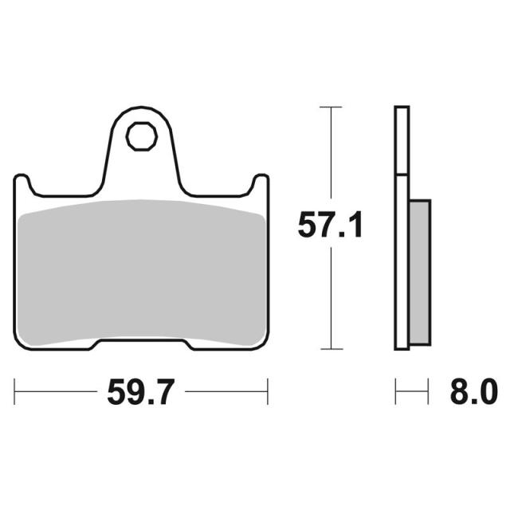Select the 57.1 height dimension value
pyautogui.click(x=330, y=225)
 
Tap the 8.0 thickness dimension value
pyautogui.click(x=473, y=391)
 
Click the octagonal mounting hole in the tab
pyautogui.click(x=142, y=136)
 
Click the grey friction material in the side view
pyautogui.click(x=420, y=273)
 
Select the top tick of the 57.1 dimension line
pyautogui.click(x=331, y=107)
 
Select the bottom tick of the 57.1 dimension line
pyautogui.click(x=331, y=349)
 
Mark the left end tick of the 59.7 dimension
pyautogui.click(x=14, y=391)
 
